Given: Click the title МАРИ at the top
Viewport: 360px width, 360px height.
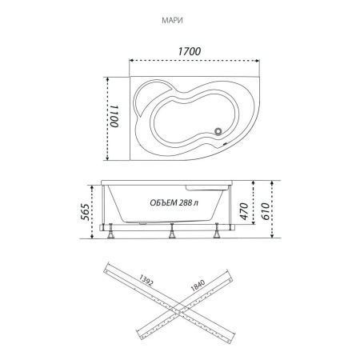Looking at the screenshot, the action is click(x=172, y=21).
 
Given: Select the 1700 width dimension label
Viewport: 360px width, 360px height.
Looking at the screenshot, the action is click(x=190, y=51).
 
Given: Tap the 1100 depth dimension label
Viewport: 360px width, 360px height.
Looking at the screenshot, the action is click(x=114, y=116).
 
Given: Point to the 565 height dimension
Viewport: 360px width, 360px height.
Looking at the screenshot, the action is click(x=85, y=212).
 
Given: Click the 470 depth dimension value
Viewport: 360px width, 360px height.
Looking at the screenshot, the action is click(x=244, y=211).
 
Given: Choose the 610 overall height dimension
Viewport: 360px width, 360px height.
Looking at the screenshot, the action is click(x=265, y=211).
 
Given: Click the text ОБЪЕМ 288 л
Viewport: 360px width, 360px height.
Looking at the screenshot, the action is click(x=174, y=203).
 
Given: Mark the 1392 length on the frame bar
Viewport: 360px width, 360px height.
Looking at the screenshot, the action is click(x=146, y=280).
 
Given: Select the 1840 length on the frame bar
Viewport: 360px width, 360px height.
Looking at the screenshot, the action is click(x=198, y=285).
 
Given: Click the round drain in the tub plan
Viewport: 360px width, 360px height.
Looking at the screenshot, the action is click(x=218, y=131).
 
